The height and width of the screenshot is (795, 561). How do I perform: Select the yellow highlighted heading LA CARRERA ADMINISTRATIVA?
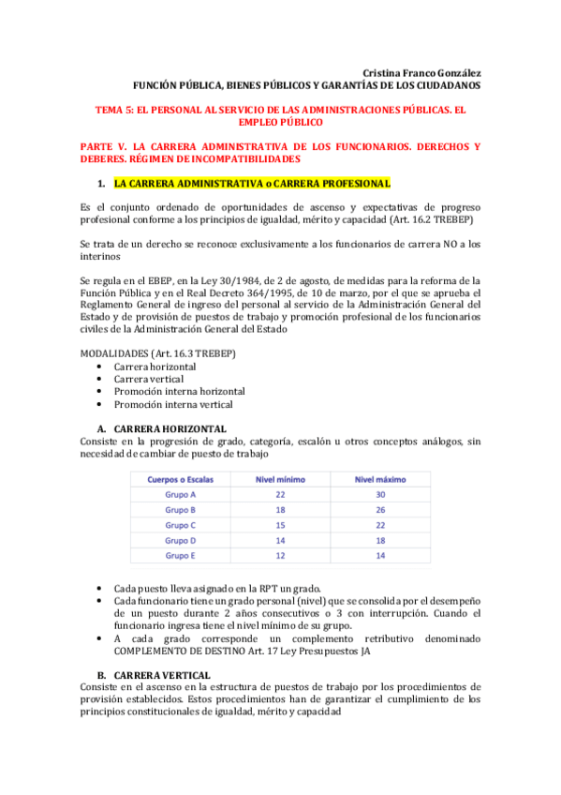(237, 182)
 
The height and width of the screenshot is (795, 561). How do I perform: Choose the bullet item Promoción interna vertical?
(172, 404)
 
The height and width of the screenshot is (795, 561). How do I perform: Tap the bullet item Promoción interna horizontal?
(179, 391)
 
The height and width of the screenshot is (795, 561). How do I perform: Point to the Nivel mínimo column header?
(280, 479)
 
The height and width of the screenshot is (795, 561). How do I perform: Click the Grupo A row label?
(180, 494)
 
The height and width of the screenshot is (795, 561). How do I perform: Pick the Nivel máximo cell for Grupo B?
(379, 510)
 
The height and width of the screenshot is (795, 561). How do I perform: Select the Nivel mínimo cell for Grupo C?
(280, 525)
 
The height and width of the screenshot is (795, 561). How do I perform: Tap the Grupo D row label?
(180, 540)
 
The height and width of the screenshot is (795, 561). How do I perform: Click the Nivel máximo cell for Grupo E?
(379, 555)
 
